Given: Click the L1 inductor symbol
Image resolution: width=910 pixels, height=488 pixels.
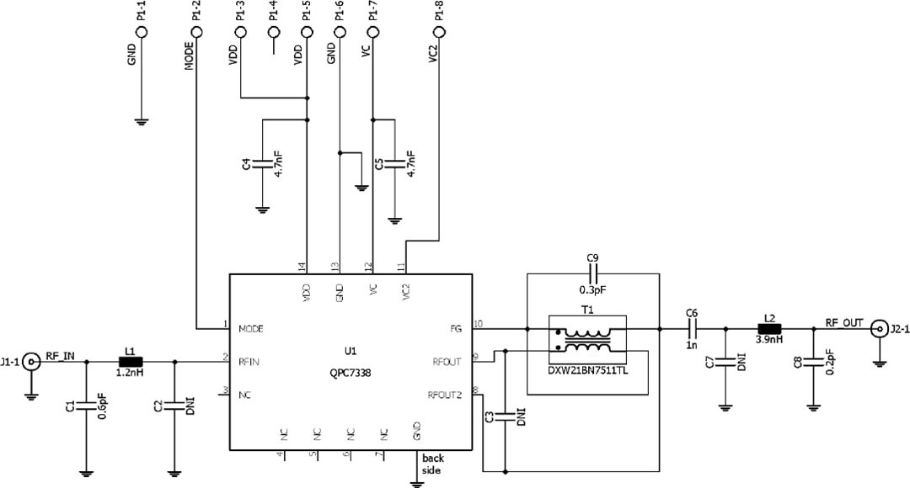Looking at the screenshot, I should (131, 362).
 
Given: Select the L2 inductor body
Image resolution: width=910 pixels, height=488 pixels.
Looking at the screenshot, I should (768, 329).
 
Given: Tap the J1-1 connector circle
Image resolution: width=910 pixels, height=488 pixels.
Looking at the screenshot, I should (32, 362).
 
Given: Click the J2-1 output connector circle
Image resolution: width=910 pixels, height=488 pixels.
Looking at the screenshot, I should (879, 329).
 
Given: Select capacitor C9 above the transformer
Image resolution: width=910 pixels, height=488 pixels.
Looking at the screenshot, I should (592, 273).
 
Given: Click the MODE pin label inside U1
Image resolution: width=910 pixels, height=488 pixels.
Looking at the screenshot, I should (254, 328).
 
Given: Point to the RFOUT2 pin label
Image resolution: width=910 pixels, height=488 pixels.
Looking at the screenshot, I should (445, 395).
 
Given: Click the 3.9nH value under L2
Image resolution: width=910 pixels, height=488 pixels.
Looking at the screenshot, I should (768, 342).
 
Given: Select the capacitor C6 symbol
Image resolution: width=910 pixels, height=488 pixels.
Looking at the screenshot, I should (692, 329).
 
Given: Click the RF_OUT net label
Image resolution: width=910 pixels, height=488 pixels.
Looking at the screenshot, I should (843, 322).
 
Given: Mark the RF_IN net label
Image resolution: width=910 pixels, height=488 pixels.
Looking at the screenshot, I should (60, 356).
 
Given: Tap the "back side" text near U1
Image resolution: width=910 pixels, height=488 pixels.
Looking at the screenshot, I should (433, 464).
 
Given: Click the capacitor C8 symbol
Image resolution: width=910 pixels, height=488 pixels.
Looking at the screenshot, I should (813, 363).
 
